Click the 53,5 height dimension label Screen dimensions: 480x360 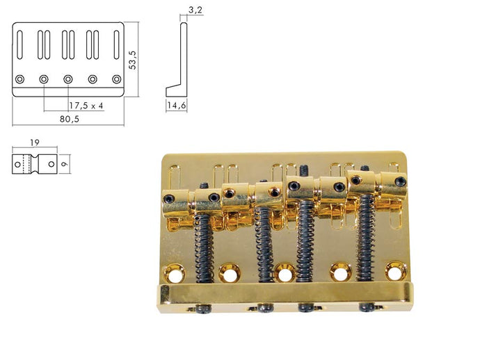click(x=133, y=60)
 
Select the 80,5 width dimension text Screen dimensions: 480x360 click(x=70, y=119)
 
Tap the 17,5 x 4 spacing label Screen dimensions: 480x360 click(x=86, y=106)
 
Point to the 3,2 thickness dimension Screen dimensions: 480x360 click(x=195, y=10)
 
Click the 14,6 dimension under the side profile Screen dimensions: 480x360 click(x=176, y=106)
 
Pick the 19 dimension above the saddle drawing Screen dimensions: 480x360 click(x=35, y=142)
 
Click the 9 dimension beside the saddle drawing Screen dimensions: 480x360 click(x=64, y=164)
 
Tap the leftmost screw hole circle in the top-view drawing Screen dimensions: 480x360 click(x=20, y=79)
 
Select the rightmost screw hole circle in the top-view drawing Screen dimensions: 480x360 click(x=117, y=79)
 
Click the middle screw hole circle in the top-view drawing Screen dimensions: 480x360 click(x=68, y=79)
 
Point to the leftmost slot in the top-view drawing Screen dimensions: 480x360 click(x=19, y=44)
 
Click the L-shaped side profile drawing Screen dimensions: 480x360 click(x=176, y=59)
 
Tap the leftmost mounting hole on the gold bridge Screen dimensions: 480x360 click(x=174, y=273)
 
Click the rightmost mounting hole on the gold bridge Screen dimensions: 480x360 click(x=396, y=270)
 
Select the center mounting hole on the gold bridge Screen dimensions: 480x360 click(x=285, y=272)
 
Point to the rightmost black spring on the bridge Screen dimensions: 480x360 click(x=366, y=238)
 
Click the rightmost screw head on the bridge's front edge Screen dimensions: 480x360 click(x=367, y=306)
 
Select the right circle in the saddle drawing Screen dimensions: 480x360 click(x=51, y=164)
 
